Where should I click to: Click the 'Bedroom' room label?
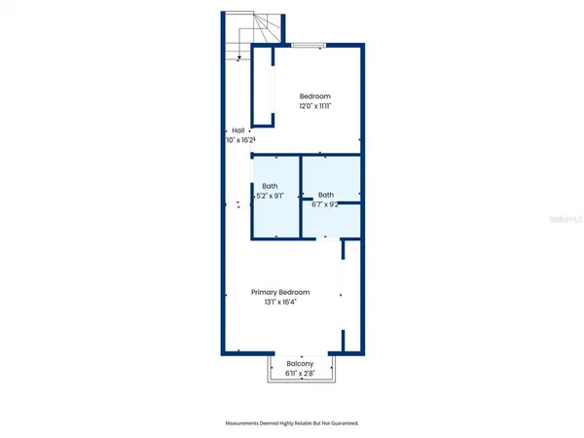(x=314, y=95)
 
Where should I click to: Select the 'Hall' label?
(x=237, y=130)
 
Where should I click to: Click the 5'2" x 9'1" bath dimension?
(x=270, y=196)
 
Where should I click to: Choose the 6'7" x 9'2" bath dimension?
(x=325, y=204)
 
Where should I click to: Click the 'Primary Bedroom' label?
(x=280, y=292)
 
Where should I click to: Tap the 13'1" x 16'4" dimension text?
(x=280, y=303)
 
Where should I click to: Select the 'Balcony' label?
(x=300, y=364)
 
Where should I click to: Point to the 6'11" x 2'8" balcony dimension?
(x=300, y=374)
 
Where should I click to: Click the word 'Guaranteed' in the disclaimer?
(x=342, y=423)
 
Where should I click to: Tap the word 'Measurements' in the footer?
(x=244, y=423)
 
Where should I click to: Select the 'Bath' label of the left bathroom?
(x=270, y=185)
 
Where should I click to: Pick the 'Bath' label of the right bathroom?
(x=325, y=194)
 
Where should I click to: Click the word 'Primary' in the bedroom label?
(x=266, y=292)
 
